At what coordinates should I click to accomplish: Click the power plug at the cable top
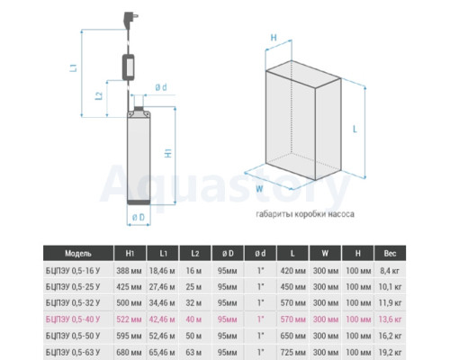coord(130,19)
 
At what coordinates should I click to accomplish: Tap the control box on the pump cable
coord(129,67)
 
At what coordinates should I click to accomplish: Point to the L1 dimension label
coord(74,67)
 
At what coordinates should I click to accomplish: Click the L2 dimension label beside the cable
coord(99,95)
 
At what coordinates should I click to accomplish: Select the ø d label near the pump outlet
coord(161,87)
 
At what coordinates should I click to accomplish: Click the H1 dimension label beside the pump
coord(168,153)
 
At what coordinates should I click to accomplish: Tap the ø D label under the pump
coord(139,217)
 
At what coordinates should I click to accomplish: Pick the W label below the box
coord(259,189)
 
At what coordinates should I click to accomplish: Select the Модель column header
coord(78,254)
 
